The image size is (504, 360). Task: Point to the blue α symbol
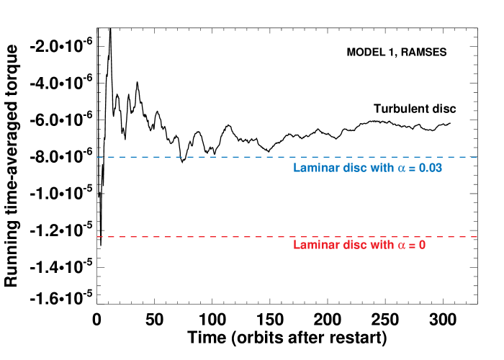[402, 168]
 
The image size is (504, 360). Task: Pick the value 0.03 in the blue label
[431, 168]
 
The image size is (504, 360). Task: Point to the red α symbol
[402, 246]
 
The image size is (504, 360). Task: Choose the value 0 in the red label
[423, 245]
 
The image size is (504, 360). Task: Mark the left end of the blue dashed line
[97, 157]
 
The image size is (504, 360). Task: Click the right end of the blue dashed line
[477, 157]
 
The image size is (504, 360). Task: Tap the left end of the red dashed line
[97, 236]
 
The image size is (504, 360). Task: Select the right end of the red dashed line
[477, 236]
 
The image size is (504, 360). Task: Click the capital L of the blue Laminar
[297, 168]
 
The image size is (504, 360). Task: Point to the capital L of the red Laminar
[297, 245]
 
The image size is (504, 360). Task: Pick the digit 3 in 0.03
[438, 168]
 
